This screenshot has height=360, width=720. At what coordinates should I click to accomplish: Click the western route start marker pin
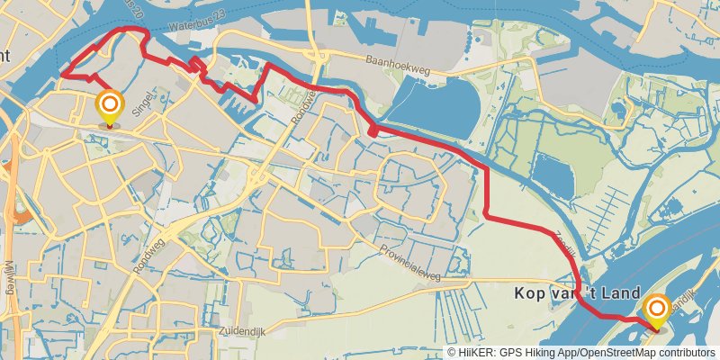pos(110,107)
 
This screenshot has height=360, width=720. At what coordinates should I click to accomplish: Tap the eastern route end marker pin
pos(656,310)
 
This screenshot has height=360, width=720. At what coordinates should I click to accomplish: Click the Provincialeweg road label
pos(409,255)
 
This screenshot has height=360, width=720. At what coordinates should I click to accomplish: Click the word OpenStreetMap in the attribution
pos(616,353)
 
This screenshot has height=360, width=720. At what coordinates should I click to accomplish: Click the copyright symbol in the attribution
pos(452,353)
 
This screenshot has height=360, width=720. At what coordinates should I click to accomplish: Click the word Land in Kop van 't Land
pos(623,294)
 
